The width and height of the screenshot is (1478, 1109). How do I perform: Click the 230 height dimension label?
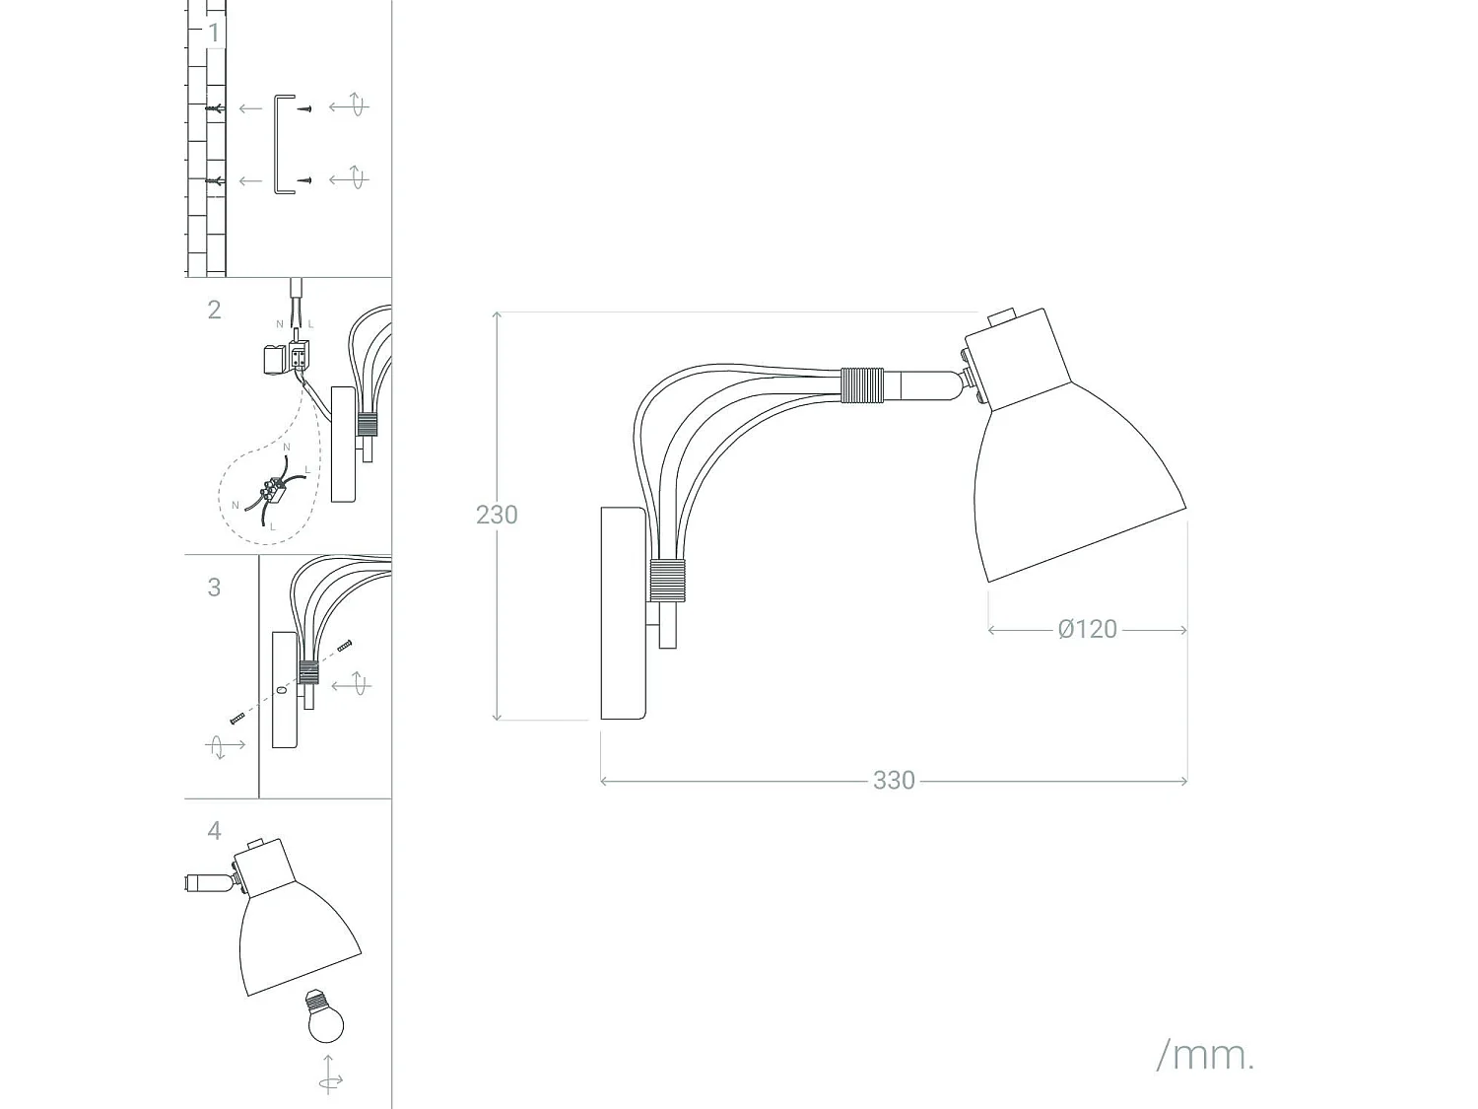coord(497,515)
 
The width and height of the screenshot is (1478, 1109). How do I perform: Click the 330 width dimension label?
coord(894,781)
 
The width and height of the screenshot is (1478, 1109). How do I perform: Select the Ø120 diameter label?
coord(1088,629)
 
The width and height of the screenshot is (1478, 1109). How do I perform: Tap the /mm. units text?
coord(1205,1055)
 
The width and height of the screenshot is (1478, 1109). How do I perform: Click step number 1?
coord(214,33)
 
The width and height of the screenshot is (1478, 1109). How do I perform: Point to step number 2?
coord(214,310)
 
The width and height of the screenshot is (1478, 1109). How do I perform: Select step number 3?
coord(214,588)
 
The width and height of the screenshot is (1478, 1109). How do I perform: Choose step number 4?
coord(214,831)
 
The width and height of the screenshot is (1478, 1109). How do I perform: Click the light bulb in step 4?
coord(325,1017)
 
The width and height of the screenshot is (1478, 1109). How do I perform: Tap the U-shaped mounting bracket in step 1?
coord(284,144)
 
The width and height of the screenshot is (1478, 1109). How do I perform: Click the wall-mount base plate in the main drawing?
coord(623,613)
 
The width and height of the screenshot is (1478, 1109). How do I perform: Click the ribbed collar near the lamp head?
coord(862,385)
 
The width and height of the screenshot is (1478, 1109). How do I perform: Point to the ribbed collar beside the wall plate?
coord(667,580)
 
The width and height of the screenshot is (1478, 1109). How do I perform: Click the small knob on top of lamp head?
coord(1002,316)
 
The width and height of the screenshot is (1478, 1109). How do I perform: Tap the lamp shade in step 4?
coord(296,936)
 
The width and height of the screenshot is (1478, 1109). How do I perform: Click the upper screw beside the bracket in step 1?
coord(304,107)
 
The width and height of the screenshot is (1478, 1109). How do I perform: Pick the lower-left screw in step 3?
coord(237,719)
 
